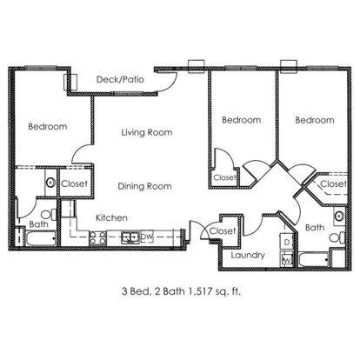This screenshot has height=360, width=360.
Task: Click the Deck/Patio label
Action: click(x=120, y=79)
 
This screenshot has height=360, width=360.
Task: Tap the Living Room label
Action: click(x=147, y=132)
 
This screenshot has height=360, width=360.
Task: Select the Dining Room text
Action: click(x=144, y=186)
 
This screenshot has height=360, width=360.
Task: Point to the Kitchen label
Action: click(x=111, y=217)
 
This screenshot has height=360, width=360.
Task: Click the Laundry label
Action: click(x=248, y=255)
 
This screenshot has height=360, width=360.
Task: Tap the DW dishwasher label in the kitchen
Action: click(x=147, y=237)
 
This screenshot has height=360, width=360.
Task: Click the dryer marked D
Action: click(x=287, y=242)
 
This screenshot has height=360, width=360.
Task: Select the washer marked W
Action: click(x=287, y=259)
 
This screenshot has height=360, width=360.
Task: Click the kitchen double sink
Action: click(x=130, y=237)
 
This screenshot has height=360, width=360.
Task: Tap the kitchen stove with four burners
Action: click(x=97, y=238)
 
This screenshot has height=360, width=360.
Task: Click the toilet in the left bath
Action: click(x=50, y=215)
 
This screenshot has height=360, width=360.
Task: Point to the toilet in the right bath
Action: click(x=337, y=238)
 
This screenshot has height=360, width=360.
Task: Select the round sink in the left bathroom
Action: click(x=50, y=183)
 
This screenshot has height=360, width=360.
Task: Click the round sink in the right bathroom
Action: click(x=339, y=217)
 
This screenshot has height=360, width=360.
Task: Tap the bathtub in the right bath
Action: click(x=314, y=260)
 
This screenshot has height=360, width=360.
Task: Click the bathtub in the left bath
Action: click(x=41, y=238)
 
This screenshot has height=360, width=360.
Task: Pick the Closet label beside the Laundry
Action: click(x=223, y=231)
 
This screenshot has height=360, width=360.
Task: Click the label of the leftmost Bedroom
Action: click(x=48, y=126)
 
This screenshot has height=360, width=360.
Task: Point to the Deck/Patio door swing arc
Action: click(x=172, y=82)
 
